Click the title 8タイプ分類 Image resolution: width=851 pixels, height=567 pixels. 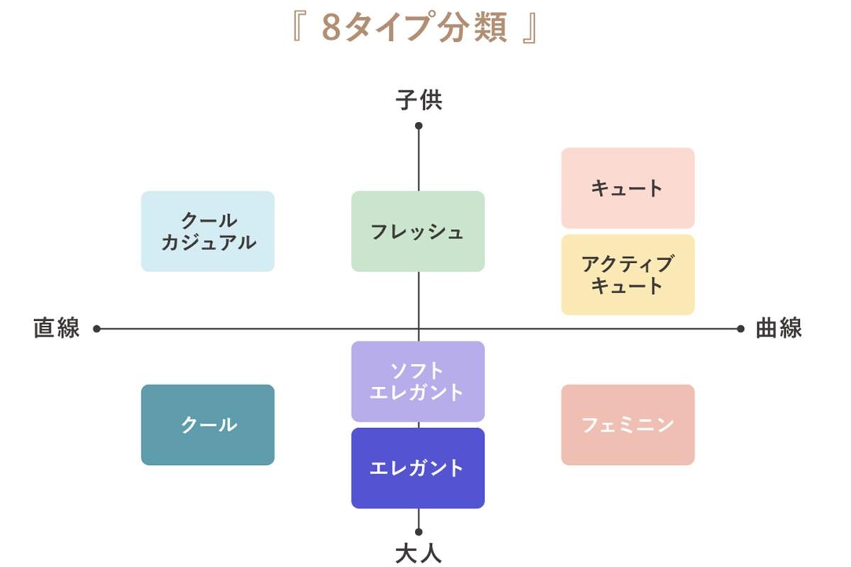tap(415, 28)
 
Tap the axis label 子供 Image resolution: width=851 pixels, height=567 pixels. tap(418, 101)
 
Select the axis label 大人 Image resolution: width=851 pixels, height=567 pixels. tap(418, 552)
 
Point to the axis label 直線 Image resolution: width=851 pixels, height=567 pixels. tap(57, 329)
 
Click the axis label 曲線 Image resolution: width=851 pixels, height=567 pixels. tap(779, 329)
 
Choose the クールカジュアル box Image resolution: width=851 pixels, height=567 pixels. tap(208, 231)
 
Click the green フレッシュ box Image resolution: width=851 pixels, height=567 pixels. tap(418, 231)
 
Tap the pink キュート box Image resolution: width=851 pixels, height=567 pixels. tap(628, 188)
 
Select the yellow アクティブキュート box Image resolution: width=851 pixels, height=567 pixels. tap(628, 274)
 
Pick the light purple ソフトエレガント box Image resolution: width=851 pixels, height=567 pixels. tap(418, 381)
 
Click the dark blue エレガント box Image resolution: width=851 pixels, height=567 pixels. tap(418, 468)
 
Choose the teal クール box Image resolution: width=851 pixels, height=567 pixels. tap(208, 425)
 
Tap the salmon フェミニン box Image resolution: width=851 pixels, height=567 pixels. tap(628, 425)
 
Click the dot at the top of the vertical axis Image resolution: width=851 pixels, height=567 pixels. tap(418, 126)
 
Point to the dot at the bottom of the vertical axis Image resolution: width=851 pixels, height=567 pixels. tap(418, 532)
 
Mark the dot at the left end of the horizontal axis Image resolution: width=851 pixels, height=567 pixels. tap(97, 329)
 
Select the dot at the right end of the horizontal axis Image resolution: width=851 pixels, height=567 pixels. tap(740, 329)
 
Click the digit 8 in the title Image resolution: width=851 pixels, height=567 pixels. tap(330, 28)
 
